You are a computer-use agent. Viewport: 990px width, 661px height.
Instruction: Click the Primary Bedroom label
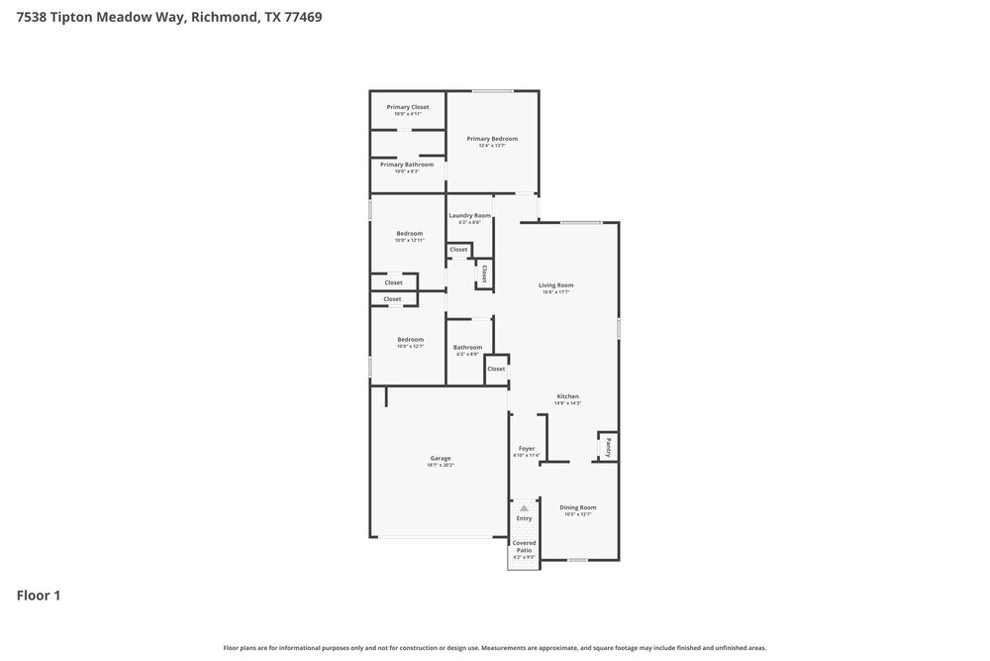click(x=492, y=139)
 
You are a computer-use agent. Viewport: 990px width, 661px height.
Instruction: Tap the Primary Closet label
click(x=408, y=107)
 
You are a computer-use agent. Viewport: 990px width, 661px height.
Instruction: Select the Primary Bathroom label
click(x=407, y=165)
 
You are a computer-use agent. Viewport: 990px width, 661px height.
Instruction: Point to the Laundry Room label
click(x=469, y=215)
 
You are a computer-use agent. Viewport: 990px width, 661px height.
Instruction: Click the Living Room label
click(x=556, y=285)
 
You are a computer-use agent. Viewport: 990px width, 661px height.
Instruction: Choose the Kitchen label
click(x=567, y=396)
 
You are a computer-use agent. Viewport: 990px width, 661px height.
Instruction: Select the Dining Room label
click(x=578, y=507)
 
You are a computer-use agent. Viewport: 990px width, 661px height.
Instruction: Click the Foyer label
click(x=527, y=448)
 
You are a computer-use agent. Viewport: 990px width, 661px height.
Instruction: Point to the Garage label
click(x=441, y=458)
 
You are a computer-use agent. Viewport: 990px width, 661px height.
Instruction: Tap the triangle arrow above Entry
click(x=524, y=506)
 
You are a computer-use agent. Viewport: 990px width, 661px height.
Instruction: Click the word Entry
click(x=524, y=518)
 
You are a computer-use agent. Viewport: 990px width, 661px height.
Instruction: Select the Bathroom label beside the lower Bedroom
click(x=467, y=347)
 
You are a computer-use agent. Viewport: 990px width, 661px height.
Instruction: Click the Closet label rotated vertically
click(x=484, y=273)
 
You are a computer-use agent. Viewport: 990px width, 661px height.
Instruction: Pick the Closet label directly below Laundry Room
click(x=458, y=250)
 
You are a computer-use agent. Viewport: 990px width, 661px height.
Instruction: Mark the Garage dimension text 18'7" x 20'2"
click(x=441, y=465)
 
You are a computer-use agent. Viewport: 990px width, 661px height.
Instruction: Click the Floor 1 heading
click(x=39, y=596)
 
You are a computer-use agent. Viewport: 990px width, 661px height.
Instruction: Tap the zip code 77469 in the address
click(x=302, y=17)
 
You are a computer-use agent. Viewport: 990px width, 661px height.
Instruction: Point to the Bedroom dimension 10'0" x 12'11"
click(x=409, y=240)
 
